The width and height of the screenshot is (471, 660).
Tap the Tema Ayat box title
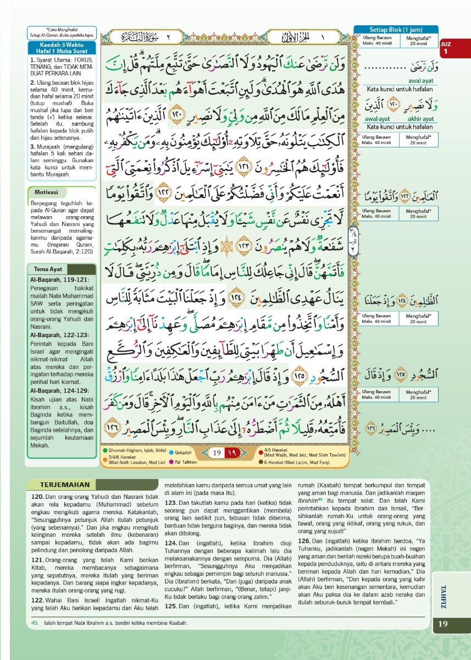click(x=48, y=269)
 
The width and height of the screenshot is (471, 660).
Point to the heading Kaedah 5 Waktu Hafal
click(x=62, y=48)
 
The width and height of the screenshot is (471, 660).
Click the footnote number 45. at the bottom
click(x=35, y=623)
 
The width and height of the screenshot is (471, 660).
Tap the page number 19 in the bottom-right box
click(x=444, y=624)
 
